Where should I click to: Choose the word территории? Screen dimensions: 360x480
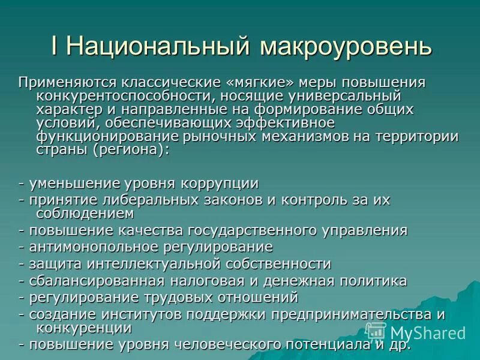coord(414,136)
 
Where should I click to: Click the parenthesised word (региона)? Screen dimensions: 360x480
coord(130,149)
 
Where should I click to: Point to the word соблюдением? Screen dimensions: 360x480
coord(84,213)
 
